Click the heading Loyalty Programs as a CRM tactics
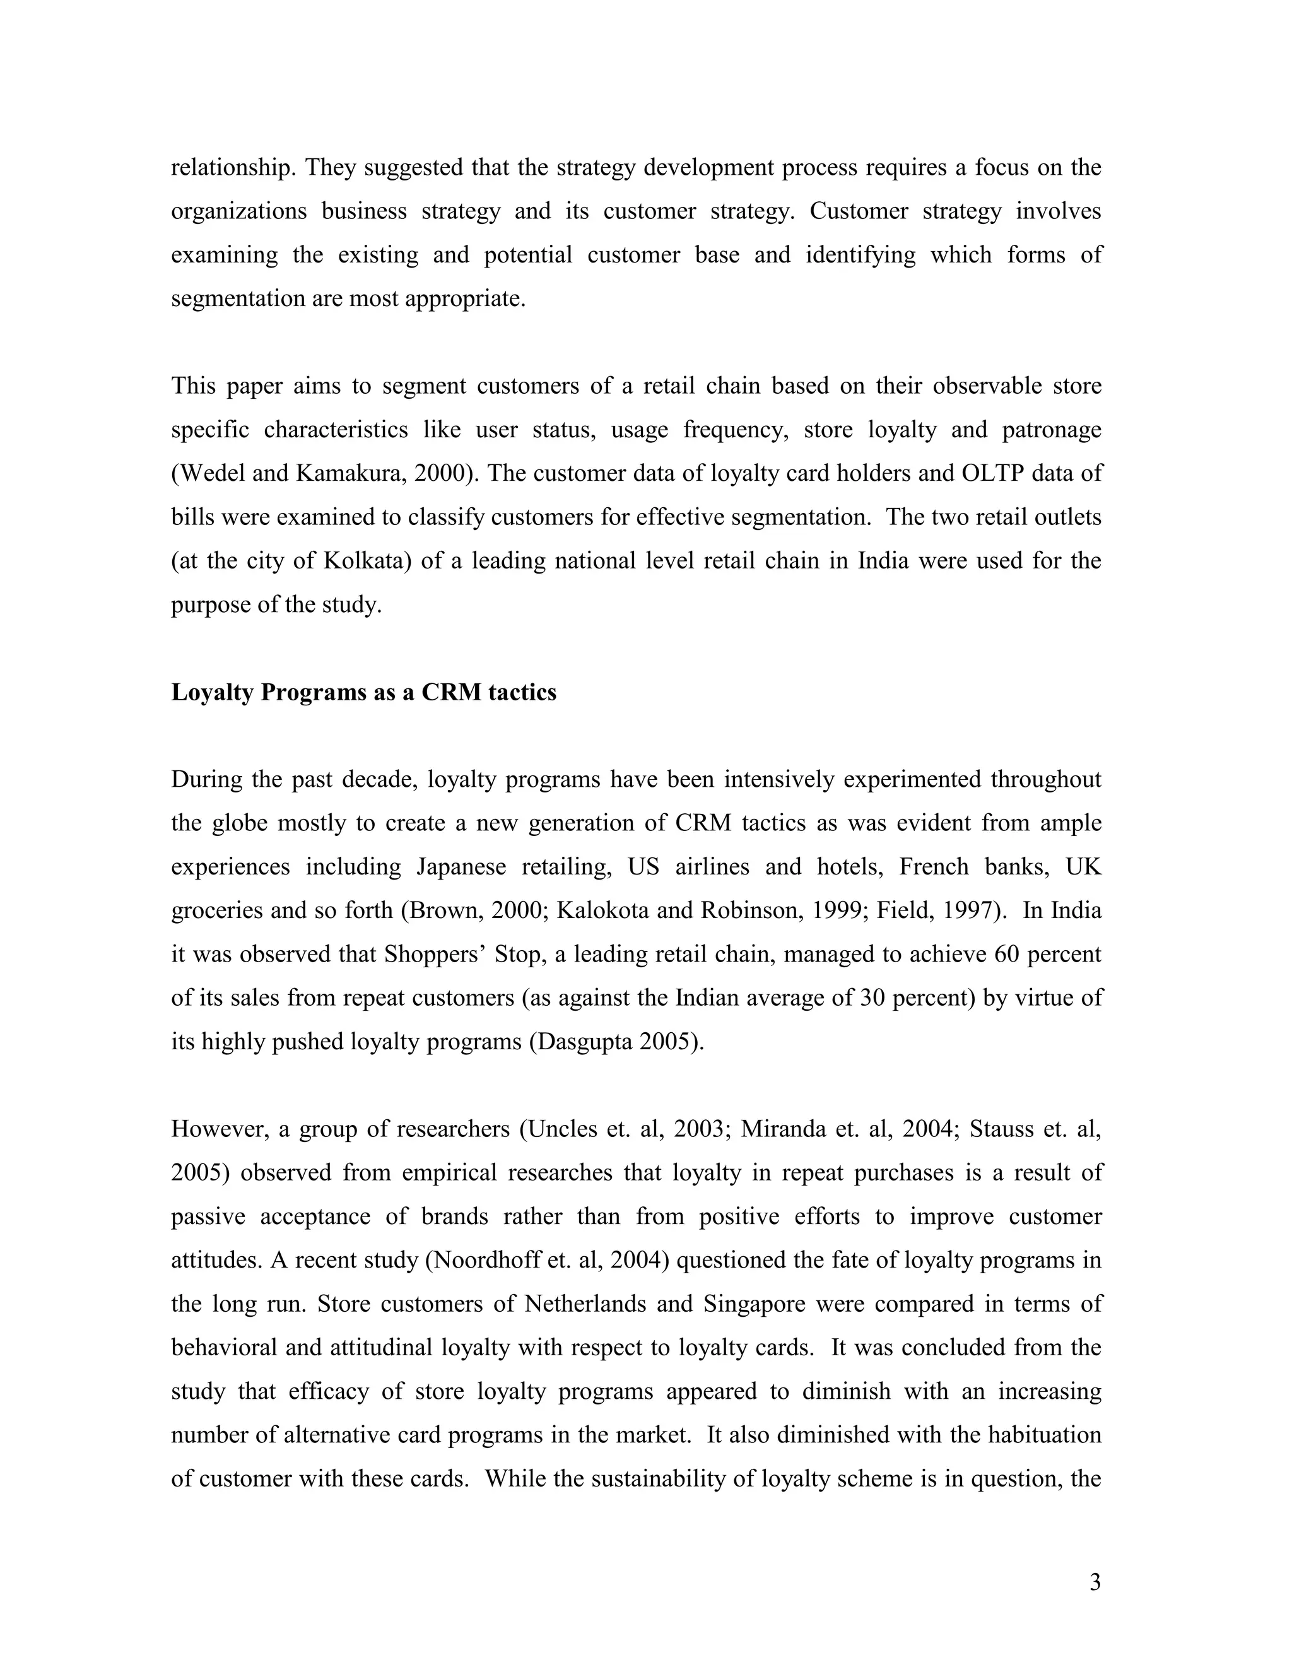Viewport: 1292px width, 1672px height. [363, 692]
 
